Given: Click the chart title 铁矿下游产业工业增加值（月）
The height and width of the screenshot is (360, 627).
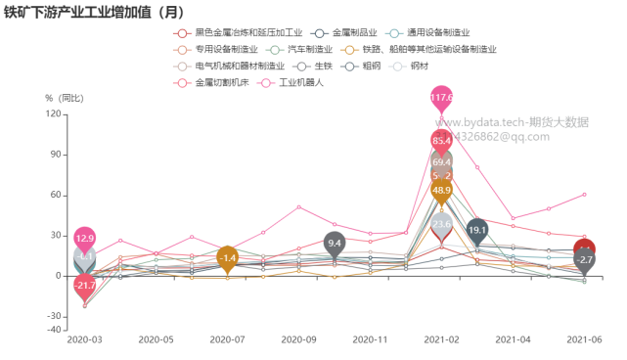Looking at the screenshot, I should (93, 12).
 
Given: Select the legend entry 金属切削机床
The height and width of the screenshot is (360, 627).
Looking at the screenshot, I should (222, 82).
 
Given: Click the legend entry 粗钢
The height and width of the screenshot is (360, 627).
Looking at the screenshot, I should (371, 66).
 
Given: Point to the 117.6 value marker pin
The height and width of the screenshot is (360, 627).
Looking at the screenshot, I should (442, 98).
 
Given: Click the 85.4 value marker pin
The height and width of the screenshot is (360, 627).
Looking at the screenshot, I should (442, 140).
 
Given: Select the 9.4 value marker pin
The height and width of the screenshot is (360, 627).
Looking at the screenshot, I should (335, 243).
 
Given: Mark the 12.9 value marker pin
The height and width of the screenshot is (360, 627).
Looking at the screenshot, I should (85, 238).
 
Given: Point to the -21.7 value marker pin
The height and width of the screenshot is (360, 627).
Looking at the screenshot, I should (85, 285).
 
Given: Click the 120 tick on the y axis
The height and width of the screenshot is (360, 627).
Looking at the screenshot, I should (55, 114).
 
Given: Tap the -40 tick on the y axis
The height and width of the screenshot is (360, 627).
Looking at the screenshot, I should (55, 330).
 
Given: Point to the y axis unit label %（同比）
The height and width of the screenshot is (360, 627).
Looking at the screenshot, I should (65, 98).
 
